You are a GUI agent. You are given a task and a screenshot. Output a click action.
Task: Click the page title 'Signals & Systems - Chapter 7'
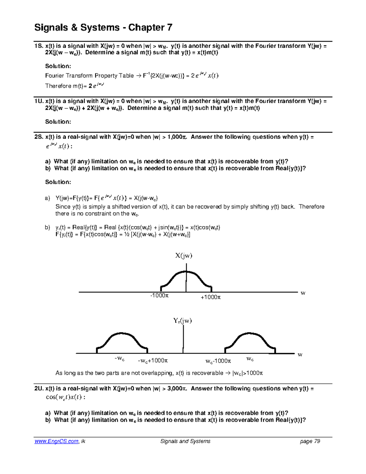point(103,27)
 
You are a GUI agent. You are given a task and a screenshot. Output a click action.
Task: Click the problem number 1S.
point(39,46)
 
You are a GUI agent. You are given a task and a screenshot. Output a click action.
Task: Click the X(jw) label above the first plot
point(184,256)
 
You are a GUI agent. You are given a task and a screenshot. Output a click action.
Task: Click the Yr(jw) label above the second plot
point(182,320)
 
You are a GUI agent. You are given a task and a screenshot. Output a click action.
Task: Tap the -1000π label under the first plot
point(159,296)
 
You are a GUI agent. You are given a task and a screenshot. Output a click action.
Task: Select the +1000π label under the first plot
point(210,297)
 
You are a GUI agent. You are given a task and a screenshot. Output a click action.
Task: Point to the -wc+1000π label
point(153,361)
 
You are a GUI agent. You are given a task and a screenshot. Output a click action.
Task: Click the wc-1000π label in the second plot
point(218,361)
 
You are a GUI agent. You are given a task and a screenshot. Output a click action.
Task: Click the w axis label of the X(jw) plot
point(303,293)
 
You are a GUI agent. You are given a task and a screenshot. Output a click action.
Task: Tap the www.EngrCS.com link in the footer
point(56,441)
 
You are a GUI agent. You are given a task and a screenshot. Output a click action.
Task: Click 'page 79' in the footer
point(310,441)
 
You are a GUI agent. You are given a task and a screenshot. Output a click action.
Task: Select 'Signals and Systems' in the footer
point(185,441)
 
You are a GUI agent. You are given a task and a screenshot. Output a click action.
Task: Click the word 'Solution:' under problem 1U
point(58,122)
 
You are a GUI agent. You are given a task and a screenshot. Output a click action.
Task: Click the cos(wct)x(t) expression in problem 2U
point(64,397)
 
